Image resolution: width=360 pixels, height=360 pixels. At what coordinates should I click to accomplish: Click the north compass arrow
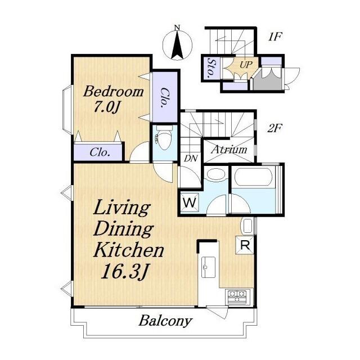(x=177, y=44)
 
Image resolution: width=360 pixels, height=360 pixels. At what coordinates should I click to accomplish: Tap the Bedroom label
(x=114, y=91)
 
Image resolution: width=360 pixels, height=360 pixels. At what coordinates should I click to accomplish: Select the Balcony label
(x=165, y=321)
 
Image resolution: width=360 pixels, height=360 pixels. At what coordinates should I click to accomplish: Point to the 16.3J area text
(x=124, y=272)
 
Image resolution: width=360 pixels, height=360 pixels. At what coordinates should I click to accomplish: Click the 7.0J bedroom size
(x=106, y=107)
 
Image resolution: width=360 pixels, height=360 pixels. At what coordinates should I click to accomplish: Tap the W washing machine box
(x=190, y=202)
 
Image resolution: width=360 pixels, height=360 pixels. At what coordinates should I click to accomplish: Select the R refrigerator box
(x=245, y=245)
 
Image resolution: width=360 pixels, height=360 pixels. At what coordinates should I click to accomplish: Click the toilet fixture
(x=164, y=137)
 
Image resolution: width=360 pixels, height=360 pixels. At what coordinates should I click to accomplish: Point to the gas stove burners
(x=236, y=296)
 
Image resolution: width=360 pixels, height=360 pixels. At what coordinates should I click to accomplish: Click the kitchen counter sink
(x=208, y=267)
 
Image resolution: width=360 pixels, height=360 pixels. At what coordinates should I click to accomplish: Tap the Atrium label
(x=229, y=150)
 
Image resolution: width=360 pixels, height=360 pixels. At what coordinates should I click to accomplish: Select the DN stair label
(x=191, y=158)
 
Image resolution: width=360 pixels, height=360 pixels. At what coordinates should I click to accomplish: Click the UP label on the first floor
(x=246, y=65)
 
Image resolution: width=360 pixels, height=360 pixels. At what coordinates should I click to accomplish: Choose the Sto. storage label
(x=211, y=69)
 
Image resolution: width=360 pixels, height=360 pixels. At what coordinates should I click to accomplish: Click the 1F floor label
(x=275, y=37)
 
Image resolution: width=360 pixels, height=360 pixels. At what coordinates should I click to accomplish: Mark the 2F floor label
(x=274, y=128)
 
